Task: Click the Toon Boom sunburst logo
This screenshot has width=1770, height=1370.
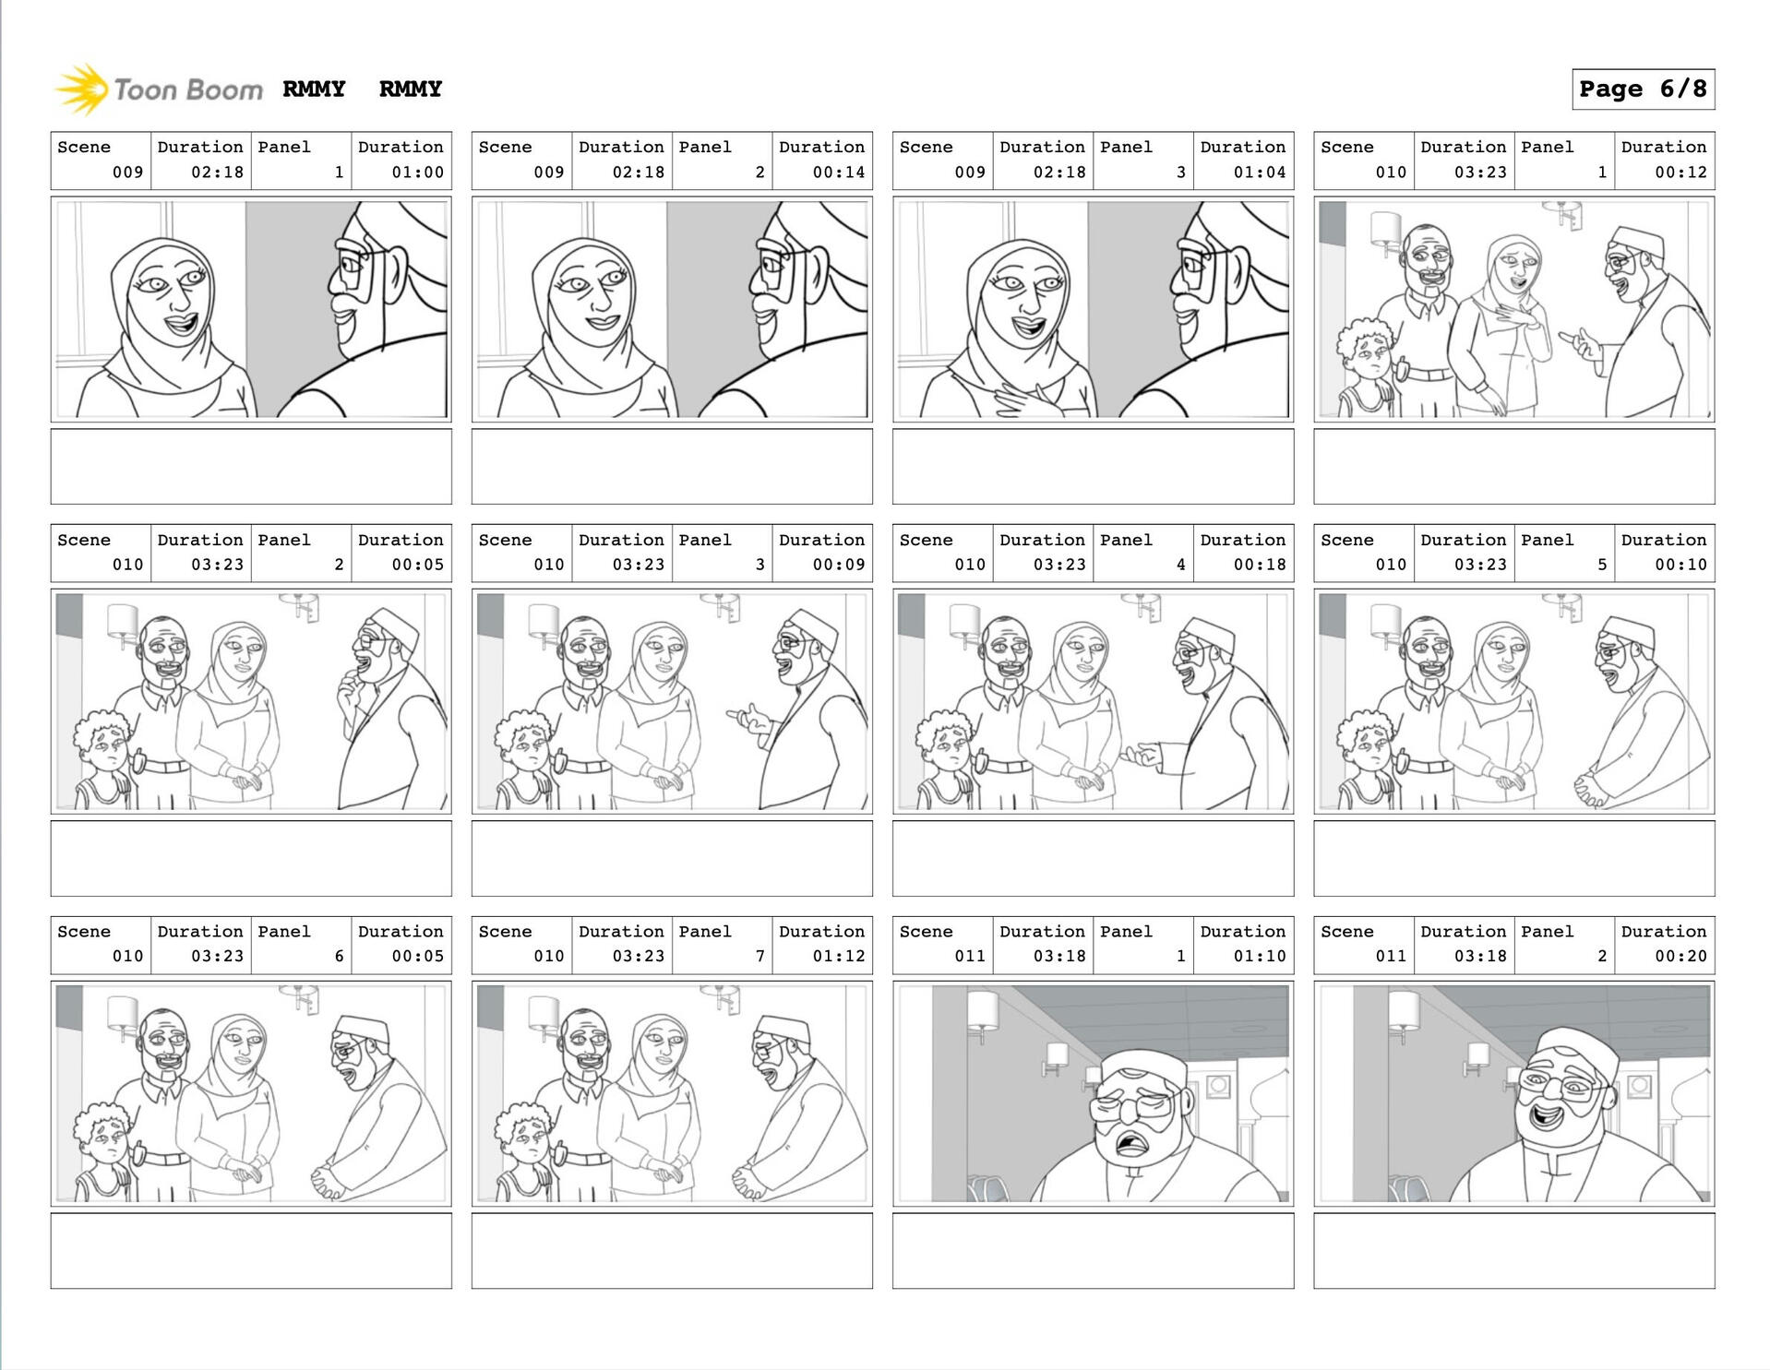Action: [x=81, y=89]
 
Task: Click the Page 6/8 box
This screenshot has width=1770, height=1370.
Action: [x=1643, y=89]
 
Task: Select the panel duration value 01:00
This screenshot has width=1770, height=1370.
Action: [x=417, y=173]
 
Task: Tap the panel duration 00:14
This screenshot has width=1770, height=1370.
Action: [x=839, y=173]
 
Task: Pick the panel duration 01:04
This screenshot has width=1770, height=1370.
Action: [x=1260, y=173]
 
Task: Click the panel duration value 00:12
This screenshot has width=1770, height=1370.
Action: [x=1680, y=173]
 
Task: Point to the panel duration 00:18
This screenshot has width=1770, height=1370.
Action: [x=1260, y=565]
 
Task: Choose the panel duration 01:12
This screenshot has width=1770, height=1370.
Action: [x=839, y=957]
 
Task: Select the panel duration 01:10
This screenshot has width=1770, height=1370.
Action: [x=1260, y=957]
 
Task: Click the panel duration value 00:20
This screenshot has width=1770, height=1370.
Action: [x=1680, y=957]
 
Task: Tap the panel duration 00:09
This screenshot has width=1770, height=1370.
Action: [x=839, y=565]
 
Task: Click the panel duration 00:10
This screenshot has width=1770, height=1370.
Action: [x=1680, y=565]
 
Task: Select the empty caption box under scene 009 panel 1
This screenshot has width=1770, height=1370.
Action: [x=251, y=466]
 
